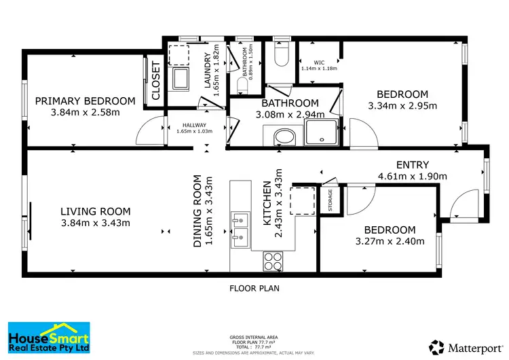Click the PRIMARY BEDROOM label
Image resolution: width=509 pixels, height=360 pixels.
[85, 101]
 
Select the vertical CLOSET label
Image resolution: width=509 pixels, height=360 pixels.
[155, 82]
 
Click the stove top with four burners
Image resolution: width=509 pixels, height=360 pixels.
[273, 259]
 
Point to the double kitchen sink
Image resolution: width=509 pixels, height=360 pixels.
[240, 228]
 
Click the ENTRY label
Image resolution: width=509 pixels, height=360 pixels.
[412, 164]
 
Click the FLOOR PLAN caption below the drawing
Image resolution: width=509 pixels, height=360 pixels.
[254, 288]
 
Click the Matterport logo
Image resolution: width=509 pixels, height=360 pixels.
[464, 347]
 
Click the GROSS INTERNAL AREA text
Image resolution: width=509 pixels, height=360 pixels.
[254, 337]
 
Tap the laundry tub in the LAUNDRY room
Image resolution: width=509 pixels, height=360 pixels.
[181, 79]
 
